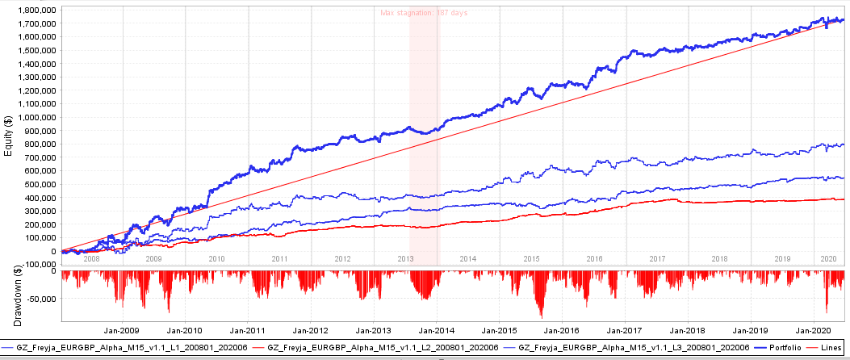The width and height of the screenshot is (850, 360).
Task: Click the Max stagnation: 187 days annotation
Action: coord(424,13)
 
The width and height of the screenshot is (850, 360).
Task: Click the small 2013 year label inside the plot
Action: coord(405,258)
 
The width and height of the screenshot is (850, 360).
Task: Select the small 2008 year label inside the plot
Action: coord(91,258)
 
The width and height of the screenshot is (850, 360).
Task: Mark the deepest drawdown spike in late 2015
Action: coord(541,317)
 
